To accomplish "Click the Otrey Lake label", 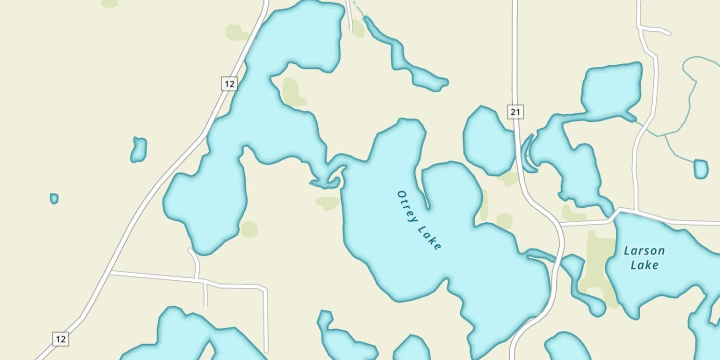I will pyautogui.click(x=419, y=220).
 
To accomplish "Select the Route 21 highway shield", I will pyautogui.click(x=515, y=112).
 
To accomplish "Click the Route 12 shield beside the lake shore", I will pyautogui.click(x=229, y=84).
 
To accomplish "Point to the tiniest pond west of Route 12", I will pyautogui.click(x=54, y=198).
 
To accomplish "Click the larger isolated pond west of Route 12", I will pyautogui.click(x=138, y=149).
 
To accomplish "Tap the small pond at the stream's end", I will pyautogui.click(x=701, y=169).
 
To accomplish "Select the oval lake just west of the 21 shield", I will pyautogui.click(x=488, y=141).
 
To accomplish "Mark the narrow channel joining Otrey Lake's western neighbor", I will pyautogui.click(x=331, y=173).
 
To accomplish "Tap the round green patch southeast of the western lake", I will pyautogui.click(x=249, y=229).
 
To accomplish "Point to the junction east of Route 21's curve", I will pyautogui.click(x=561, y=224).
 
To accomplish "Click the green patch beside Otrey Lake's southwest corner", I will pyautogui.click(x=328, y=203).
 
